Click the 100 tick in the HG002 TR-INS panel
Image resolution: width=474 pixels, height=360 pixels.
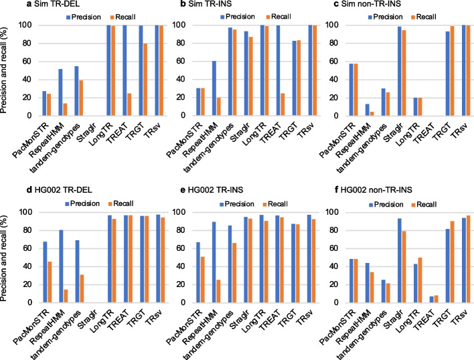(x=182, y=212)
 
